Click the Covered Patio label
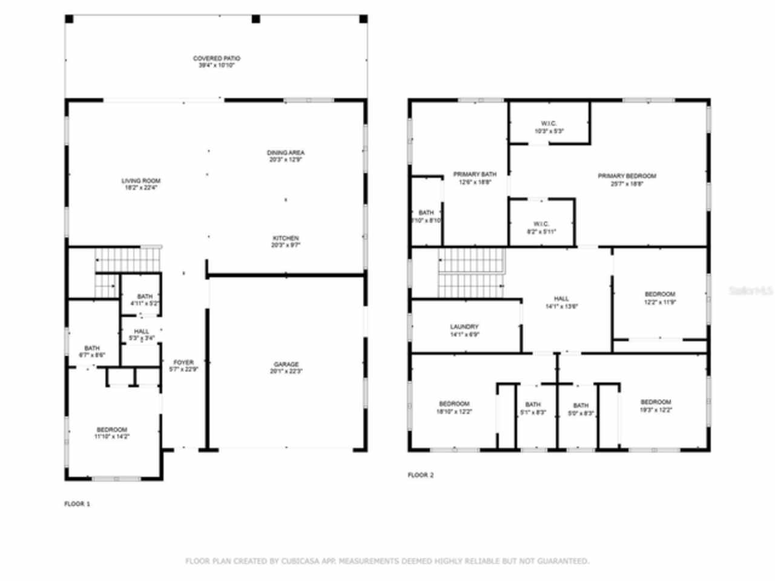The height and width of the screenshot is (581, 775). click(x=216, y=62)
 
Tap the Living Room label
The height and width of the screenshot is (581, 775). click(x=141, y=184)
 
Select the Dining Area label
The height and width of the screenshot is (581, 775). click(x=286, y=156)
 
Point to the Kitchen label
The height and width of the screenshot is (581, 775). click(x=286, y=241)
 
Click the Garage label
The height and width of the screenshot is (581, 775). click(x=286, y=367)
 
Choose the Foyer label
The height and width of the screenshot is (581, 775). click(x=183, y=366)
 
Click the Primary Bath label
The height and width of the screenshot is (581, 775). click(x=475, y=178)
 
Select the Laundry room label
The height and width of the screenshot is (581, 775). click(x=464, y=330)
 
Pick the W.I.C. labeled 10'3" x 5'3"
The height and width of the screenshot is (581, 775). click(x=549, y=127)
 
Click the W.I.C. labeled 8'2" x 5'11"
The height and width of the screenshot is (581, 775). click(x=541, y=228)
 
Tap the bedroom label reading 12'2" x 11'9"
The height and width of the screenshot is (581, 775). click(x=659, y=298)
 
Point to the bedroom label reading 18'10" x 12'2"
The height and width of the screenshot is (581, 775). click(x=454, y=407)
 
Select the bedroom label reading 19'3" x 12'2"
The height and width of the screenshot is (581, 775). click(x=656, y=405)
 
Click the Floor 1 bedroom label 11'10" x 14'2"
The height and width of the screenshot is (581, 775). click(x=112, y=433)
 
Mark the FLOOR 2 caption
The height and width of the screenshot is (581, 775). click(x=420, y=475)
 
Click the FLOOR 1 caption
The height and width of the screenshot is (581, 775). click(x=77, y=504)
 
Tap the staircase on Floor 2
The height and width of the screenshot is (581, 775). click(x=472, y=273)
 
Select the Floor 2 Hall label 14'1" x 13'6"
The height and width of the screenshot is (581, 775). click(x=561, y=302)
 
